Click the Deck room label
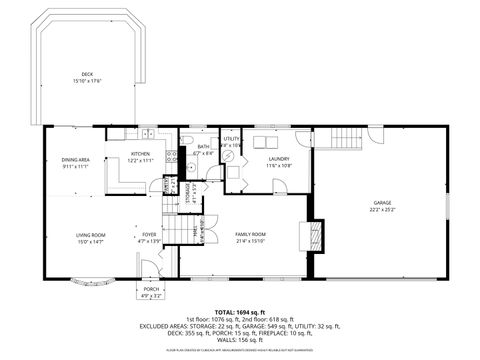coord(88,77)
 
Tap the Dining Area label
coord(75,163)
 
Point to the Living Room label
coord(90,238)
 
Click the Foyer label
coord(148,238)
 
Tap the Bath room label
coord(203,149)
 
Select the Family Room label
coord(250,238)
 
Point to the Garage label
coord(383,208)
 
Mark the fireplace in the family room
coord(314,238)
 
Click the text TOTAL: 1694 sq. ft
coord(240,313)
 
